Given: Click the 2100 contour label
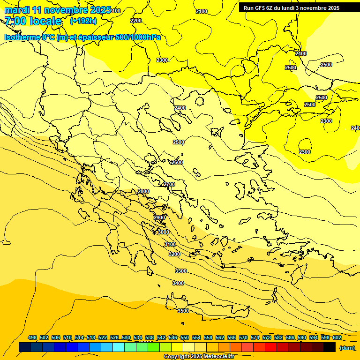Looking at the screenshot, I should point(202,11).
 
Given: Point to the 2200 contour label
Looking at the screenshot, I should point(136,21).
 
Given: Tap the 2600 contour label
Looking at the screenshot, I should point(177,162).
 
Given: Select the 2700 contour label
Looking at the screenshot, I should point(169,184).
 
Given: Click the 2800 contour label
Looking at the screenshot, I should point(143,191).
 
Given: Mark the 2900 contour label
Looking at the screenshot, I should point(159,217).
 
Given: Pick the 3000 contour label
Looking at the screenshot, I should point(164,232).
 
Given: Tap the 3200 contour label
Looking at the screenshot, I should point(174,254).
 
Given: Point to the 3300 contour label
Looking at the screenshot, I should point(181,271).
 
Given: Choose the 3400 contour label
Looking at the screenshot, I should point(178,283).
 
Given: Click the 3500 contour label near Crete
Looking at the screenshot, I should point(183,311).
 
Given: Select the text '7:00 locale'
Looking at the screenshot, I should point(33,21).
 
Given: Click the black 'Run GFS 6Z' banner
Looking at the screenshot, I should point(295,7).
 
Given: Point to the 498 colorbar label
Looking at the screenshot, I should point(32,337).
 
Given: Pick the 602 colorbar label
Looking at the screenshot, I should point(337,337).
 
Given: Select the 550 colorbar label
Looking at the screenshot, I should point(185,337).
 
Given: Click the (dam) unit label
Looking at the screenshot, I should point(347,347).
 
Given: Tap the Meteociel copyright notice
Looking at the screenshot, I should point(199,357).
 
